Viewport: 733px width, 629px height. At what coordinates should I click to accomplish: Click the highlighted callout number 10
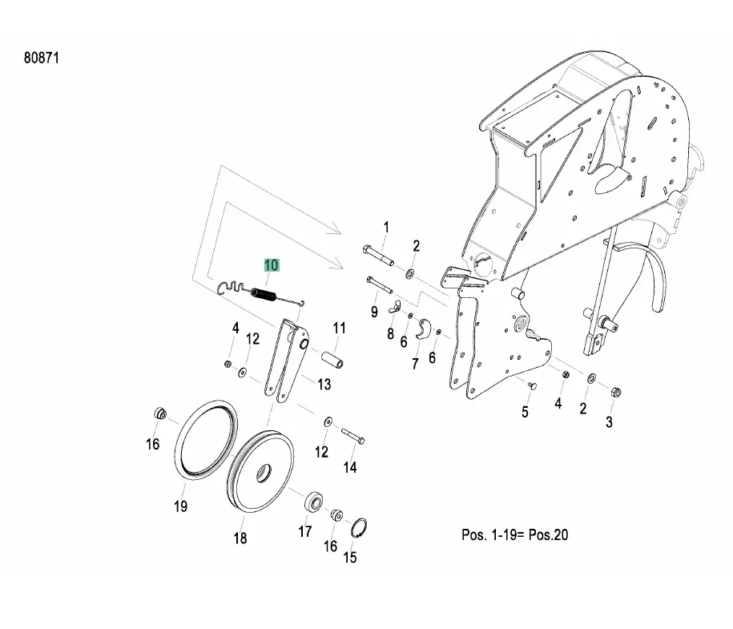tap(271, 265)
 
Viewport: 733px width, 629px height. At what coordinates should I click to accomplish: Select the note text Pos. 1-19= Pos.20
tap(514, 534)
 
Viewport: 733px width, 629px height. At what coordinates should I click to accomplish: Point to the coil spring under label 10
tap(265, 296)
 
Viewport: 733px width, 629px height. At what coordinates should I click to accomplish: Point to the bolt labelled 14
tap(354, 436)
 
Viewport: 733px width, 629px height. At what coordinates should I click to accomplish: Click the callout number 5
tap(525, 412)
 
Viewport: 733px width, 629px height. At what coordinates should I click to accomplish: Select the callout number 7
tap(415, 363)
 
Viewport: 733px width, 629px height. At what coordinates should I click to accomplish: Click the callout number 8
tap(390, 334)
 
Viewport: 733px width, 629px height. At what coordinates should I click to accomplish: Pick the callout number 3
tap(609, 421)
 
